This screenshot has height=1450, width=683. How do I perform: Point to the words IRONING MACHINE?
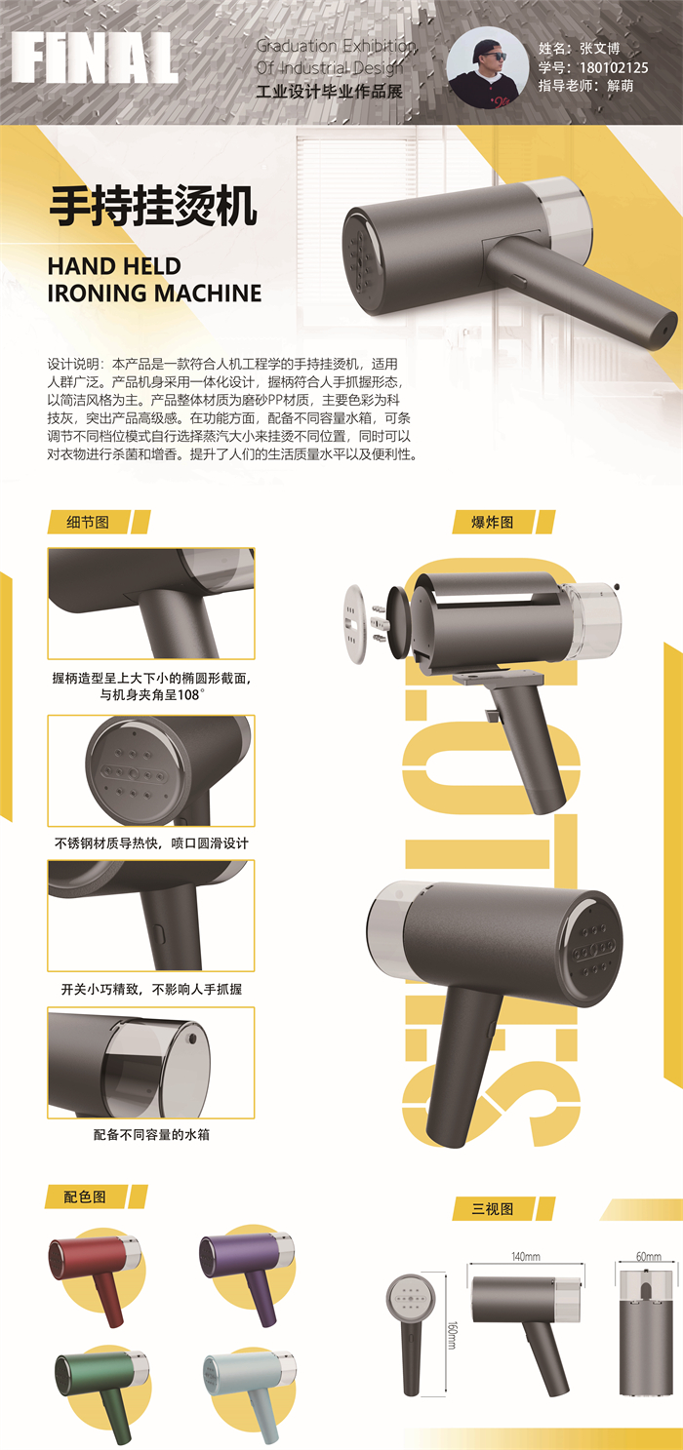tap(154, 293)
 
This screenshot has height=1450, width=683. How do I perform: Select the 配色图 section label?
tap(86, 1195)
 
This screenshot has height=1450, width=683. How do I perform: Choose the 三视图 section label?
tap(493, 1208)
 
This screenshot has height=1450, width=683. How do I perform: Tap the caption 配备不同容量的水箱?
tap(151, 1134)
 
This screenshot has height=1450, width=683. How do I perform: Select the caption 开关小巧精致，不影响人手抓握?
tap(151, 989)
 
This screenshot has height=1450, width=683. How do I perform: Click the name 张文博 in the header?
tap(600, 48)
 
